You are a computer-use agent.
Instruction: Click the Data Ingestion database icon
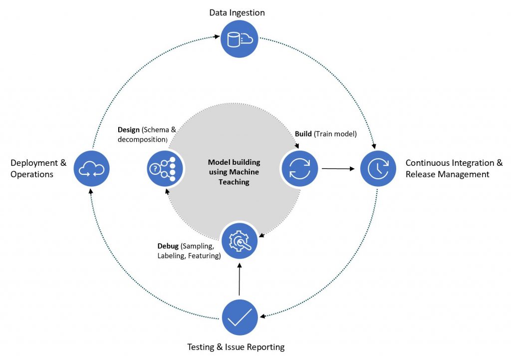tap(240, 38)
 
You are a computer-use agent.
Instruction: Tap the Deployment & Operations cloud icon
tap(92, 169)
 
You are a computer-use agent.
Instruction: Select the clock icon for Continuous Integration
tap(378, 169)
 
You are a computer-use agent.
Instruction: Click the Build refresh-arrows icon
tap(299, 168)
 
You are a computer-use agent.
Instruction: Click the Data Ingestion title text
tap(237, 12)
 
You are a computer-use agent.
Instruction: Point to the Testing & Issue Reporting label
tap(236, 347)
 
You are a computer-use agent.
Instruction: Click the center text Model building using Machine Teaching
tap(234, 172)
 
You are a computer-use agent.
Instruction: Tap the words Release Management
tap(447, 174)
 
